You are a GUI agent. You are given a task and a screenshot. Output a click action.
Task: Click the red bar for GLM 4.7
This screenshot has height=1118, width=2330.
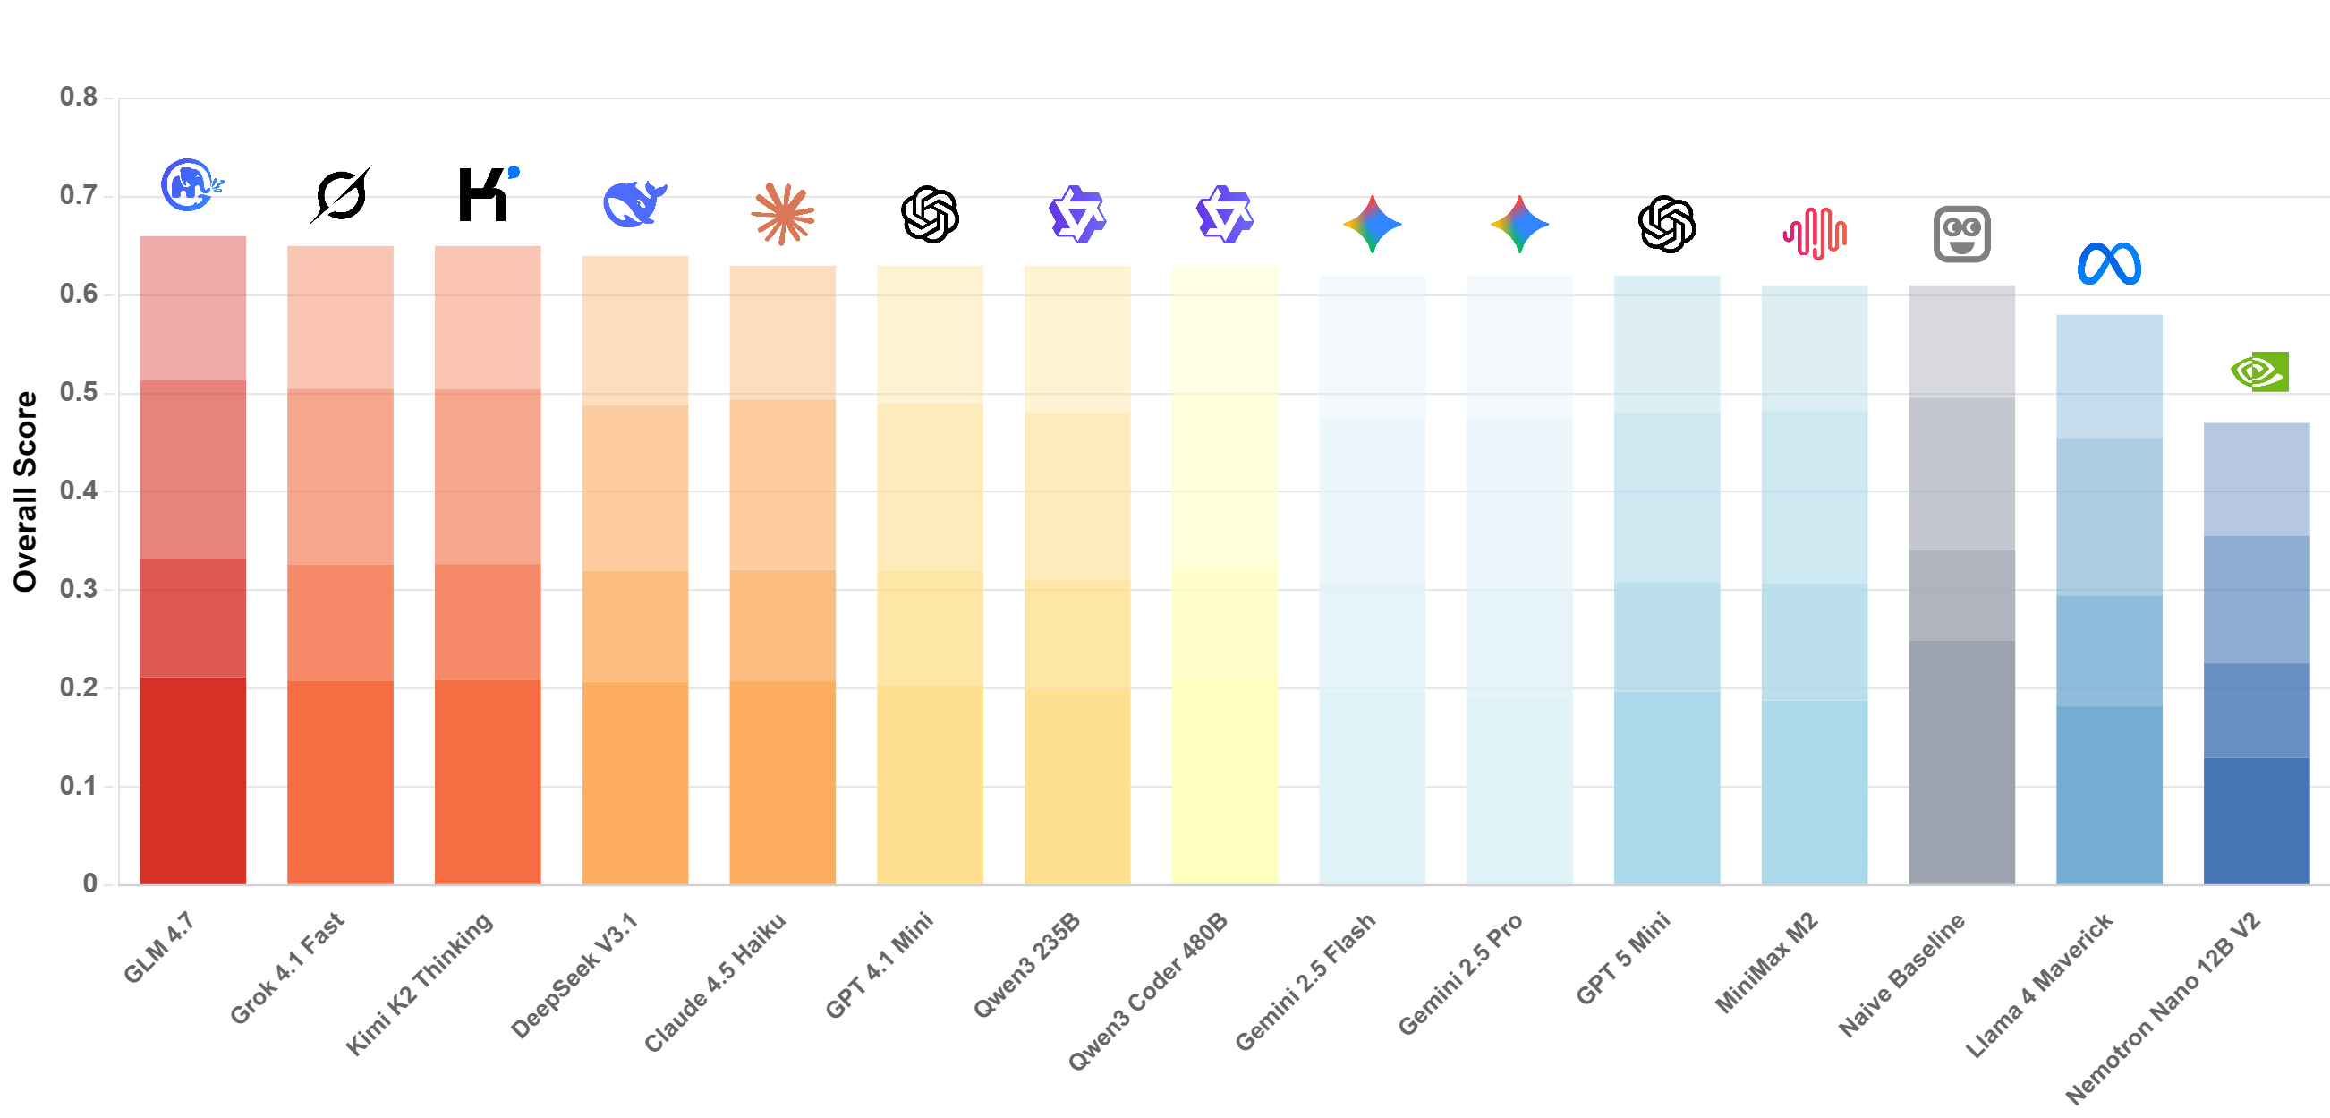(192, 561)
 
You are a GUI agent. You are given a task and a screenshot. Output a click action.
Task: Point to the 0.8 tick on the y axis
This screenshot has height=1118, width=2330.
(79, 97)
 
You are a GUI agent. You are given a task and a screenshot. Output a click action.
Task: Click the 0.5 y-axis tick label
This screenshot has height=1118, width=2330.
(79, 393)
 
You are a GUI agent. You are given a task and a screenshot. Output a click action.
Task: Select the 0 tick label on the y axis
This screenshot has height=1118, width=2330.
(89, 883)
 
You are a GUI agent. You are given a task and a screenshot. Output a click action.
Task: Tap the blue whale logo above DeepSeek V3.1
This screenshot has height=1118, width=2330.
(634, 203)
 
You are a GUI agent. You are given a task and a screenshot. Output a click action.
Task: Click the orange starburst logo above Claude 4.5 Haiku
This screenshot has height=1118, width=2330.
(782, 214)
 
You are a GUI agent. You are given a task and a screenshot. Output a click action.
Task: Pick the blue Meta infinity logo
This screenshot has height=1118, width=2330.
(2108, 264)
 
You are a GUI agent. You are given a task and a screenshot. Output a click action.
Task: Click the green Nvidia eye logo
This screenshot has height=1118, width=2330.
(2258, 371)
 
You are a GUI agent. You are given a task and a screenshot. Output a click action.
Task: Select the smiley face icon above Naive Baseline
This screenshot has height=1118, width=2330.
(1961, 235)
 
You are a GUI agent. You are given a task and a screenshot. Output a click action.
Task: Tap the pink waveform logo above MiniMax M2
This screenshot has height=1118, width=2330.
(1814, 234)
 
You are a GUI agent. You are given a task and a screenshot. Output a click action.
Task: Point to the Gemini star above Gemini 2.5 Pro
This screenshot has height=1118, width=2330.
(1518, 225)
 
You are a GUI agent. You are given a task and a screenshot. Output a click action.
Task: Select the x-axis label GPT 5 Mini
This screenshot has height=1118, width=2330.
(1623, 959)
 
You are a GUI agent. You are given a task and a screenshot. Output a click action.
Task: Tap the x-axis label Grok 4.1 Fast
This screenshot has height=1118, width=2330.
(287, 967)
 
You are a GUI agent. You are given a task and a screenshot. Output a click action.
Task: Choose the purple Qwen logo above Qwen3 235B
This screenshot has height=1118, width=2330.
(1076, 216)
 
